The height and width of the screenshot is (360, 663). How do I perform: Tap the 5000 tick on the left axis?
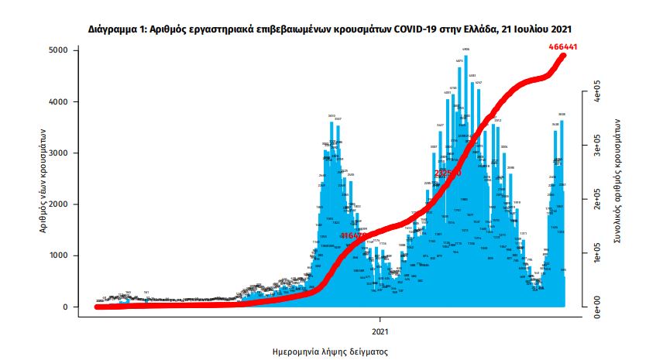tap(58, 50)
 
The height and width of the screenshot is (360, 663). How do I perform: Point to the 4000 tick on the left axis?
tap(58, 101)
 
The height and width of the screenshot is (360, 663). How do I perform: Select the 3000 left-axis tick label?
tap(58, 153)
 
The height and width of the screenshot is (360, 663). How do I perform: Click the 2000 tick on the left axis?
tap(58, 204)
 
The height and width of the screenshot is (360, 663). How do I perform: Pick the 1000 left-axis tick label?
tap(58, 255)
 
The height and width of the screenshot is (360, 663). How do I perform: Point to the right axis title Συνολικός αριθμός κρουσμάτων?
tap(618, 182)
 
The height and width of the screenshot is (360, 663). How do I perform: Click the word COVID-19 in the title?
tap(418, 29)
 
